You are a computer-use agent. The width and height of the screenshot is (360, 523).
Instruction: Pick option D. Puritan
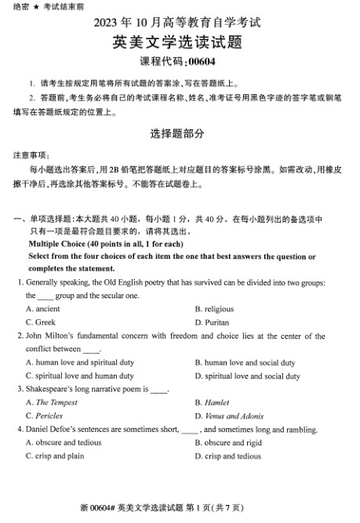click(x=212, y=322)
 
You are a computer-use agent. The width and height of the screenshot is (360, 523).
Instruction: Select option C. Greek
click(x=40, y=322)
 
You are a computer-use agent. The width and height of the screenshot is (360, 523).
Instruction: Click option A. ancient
click(x=42, y=309)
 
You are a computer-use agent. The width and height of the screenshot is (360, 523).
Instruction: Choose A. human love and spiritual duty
click(x=79, y=363)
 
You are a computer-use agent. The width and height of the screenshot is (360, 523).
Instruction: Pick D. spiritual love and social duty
click(x=247, y=376)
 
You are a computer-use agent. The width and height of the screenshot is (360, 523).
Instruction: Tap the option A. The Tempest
click(x=52, y=403)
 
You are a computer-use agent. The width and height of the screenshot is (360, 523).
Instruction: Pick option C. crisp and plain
click(x=54, y=456)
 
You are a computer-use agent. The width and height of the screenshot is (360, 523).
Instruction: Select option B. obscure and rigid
click(x=233, y=443)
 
